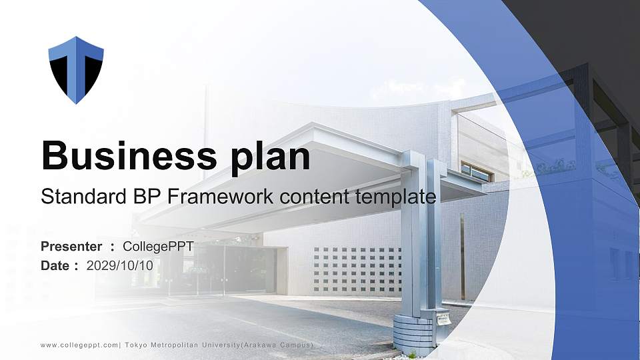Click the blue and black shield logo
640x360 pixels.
[76, 69]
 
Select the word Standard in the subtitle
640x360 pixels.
[75, 197]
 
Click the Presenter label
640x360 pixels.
[71, 247]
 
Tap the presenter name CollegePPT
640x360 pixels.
[158, 247]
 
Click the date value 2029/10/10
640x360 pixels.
[120, 265]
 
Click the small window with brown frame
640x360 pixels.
[477, 171]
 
